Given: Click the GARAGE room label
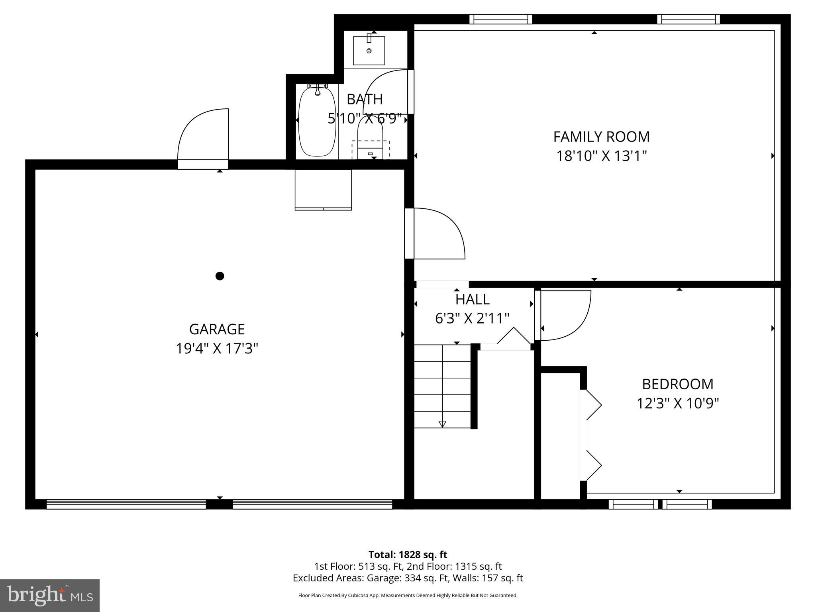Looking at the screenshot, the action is [x=217, y=329].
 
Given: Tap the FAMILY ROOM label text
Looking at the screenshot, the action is [x=601, y=137].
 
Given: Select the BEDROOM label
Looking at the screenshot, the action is [x=677, y=384].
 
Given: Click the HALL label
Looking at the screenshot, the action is [x=472, y=299].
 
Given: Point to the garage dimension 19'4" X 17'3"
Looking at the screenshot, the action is [x=217, y=349].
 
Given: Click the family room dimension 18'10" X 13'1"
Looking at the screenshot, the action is [x=601, y=156].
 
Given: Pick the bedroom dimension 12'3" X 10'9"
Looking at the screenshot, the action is [x=677, y=403].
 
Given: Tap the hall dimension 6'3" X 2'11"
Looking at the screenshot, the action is [x=472, y=318].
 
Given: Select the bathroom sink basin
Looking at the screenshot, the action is [x=369, y=51].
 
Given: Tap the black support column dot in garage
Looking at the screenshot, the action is [x=220, y=276].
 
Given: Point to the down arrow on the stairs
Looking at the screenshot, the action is [x=443, y=424].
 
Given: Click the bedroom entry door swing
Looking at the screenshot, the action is [x=563, y=316].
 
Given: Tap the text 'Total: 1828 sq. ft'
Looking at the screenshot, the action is [x=408, y=555].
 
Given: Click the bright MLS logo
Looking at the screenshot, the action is [x=50, y=596].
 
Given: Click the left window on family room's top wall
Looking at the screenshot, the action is [x=501, y=19].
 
